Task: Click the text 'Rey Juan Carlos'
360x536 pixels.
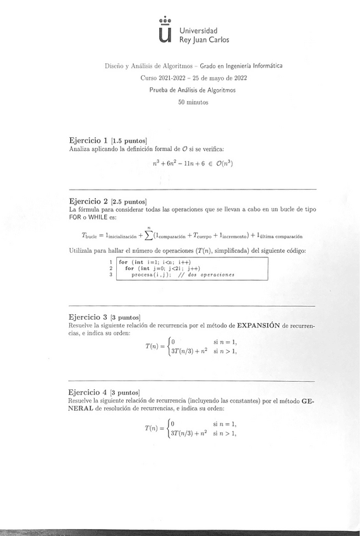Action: (204, 40)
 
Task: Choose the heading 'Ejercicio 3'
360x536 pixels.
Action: (88, 316)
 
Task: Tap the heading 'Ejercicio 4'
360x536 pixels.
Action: (88, 393)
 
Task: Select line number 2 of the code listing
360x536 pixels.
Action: (111, 268)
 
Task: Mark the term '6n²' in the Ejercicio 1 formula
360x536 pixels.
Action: (173, 164)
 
